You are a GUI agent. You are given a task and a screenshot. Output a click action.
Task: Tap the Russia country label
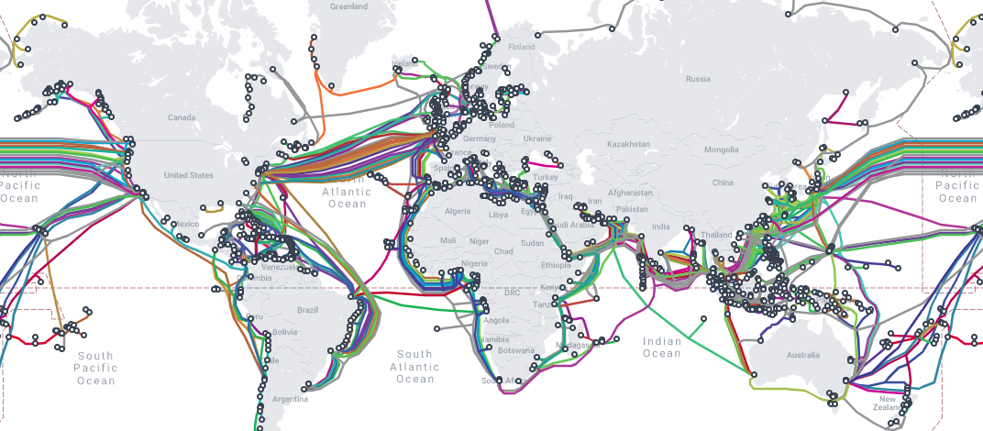[698, 79]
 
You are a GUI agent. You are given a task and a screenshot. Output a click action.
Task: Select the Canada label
[182, 118]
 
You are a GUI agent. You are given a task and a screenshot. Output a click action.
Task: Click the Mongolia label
[721, 149]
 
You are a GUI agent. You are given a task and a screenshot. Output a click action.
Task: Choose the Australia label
[803, 355]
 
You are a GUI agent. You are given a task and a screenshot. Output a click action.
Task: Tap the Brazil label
[307, 310]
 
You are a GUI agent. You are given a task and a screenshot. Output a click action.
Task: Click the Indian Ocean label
[662, 348]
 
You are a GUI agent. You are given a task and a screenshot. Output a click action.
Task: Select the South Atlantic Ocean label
[414, 367]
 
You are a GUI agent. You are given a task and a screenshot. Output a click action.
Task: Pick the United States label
[188, 175]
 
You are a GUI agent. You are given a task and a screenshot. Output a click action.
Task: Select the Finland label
[521, 47]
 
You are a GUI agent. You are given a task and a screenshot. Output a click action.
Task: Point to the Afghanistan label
[630, 193]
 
